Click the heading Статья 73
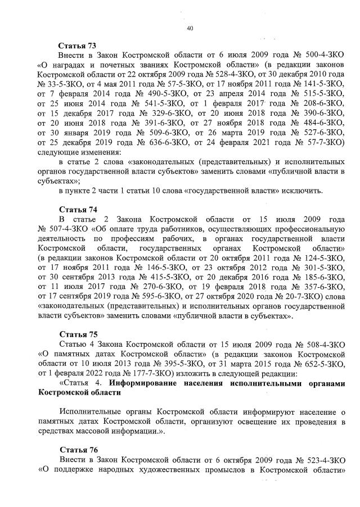pyautogui.click(x=78, y=44)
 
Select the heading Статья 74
pyautogui.click(x=78, y=209)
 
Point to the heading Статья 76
pyautogui.click(x=78, y=450)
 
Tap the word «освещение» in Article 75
pyautogui.click(x=237, y=421)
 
